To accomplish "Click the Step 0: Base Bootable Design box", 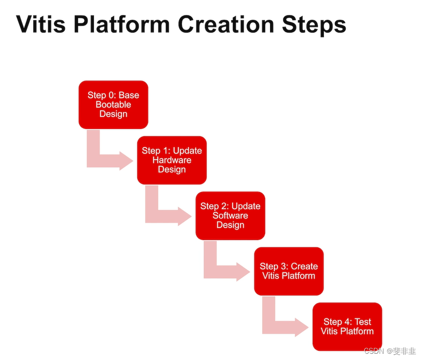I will (113, 104).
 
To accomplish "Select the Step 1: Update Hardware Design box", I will (172, 160).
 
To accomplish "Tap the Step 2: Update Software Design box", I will (230, 215).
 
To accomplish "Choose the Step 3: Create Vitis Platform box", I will (289, 271).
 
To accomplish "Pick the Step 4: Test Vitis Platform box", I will (347, 326).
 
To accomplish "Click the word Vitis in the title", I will (39, 24).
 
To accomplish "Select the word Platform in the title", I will (120, 24).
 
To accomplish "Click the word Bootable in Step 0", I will (113, 104).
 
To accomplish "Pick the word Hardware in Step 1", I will (172, 160).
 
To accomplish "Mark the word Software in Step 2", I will (230, 215).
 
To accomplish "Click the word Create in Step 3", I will (304, 266).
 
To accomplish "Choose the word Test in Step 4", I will (363, 322).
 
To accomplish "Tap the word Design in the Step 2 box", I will (230, 225).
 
